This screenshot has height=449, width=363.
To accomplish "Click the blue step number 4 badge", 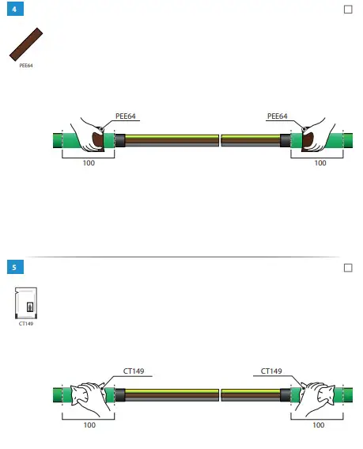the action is pyautogui.click(x=15, y=9).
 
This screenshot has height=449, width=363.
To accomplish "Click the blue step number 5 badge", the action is pyautogui.click(x=15, y=267).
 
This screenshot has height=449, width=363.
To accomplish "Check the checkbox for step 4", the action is pyautogui.click(x=348, y=10).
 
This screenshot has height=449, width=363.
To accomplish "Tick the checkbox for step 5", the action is pyautogui.click(x=348, y=268).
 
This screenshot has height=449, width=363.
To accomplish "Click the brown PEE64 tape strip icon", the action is pyautogui.click(x=26, y=44).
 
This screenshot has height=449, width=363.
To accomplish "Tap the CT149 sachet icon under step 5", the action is pyautogui.click(x=26, y=303).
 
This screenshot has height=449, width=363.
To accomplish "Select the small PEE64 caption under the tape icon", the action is pyautogui.click(x=26, y=66).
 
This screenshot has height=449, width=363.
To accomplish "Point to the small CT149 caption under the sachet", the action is pyautogui.click(x=26, y=324).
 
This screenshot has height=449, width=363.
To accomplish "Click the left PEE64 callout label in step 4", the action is pyautogui.click(x=125, y=116).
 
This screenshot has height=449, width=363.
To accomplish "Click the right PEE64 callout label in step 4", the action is pyautogui.click(x=277, y=116).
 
